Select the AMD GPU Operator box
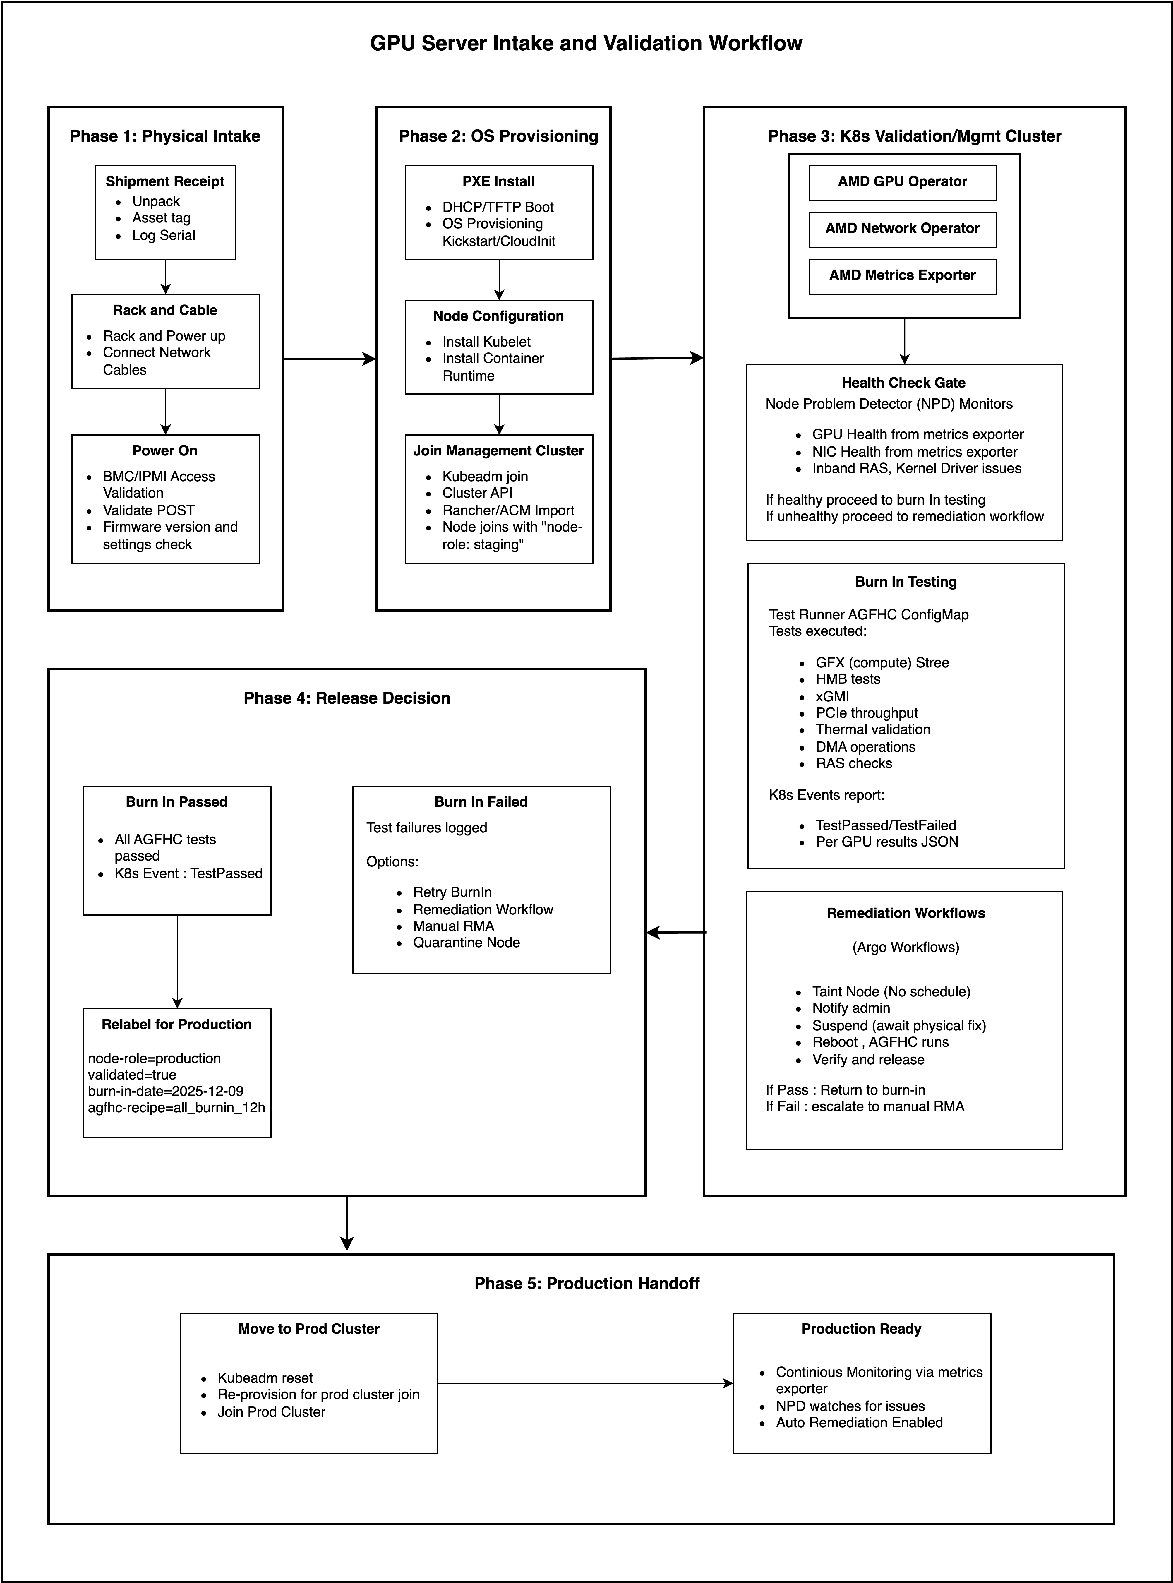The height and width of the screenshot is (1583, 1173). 903,182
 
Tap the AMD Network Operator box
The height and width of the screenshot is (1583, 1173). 903,229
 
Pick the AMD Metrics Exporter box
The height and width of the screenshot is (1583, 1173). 903,275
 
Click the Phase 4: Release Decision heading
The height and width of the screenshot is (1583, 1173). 347,698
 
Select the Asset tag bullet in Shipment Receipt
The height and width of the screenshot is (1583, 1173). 161,218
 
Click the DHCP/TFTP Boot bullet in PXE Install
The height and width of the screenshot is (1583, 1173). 498,207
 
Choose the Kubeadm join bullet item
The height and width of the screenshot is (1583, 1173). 485,477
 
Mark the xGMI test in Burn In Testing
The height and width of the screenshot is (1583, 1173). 832,697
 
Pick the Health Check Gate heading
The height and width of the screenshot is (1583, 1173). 903,383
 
